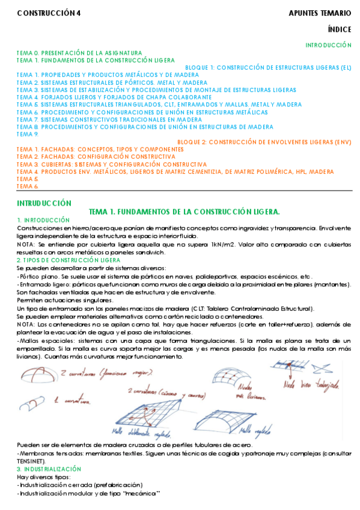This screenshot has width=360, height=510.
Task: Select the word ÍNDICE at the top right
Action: coord(340,28)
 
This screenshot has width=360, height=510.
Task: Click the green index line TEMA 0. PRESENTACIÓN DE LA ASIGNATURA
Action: coord(79,53)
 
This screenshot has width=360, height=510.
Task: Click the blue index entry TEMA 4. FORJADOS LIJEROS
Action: coord(114,97)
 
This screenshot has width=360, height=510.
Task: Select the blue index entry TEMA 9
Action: coord(28,134)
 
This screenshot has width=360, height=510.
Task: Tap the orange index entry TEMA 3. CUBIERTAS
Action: coord(112,164)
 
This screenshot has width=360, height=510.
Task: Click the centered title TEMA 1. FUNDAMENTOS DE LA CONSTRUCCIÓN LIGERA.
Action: coord(184,212)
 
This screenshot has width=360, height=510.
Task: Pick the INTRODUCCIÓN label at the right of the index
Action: coord(328,45)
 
